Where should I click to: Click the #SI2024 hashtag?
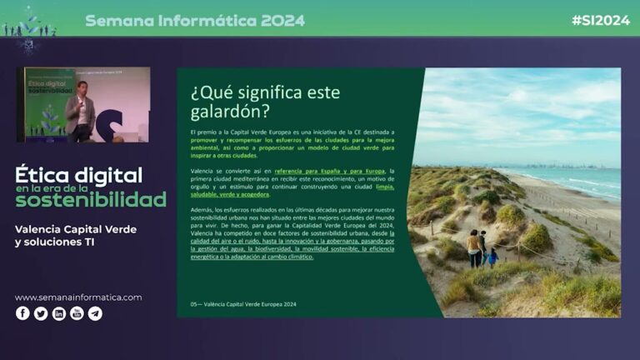click(600, 20)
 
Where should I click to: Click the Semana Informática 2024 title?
click(195, 20)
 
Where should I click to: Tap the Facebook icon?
click(22, 313)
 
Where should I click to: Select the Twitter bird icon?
click(41, 313)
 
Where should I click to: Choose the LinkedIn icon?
click(59, 313)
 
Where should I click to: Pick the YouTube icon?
click(77, 313)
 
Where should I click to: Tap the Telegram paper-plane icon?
click(96, 313)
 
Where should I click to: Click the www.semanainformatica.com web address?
click(78, 297)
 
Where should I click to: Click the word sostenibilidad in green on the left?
click(91, 201)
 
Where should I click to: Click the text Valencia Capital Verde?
click(76, 229)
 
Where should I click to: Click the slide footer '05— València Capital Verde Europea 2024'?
click(243, 304)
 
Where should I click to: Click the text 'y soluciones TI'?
click(55, 242)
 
